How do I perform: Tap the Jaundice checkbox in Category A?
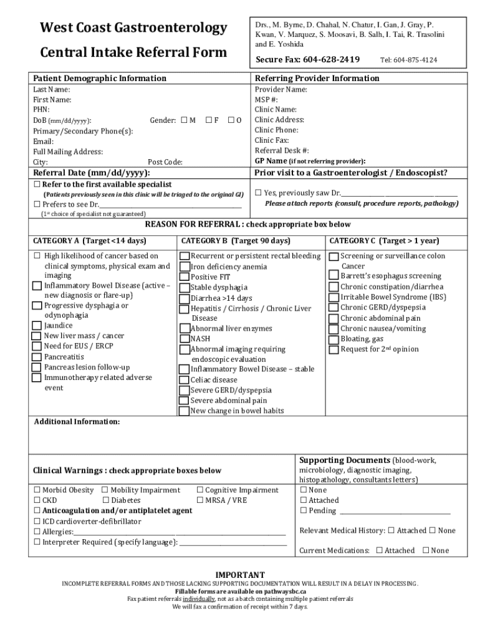click(x=37, y=326)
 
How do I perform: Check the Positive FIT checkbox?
click(x=185, y=277)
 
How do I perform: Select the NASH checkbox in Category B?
click(x=185, y=339)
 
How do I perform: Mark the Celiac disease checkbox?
click(x=185, y=380)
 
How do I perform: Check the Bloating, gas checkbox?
click(x=334, y=339)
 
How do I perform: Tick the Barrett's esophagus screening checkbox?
click(x=334, y=276)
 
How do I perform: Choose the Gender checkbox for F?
click(x=209, y=120)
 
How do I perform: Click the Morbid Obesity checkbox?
click(x=37, y=490)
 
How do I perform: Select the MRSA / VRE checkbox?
click(x=200, y=500)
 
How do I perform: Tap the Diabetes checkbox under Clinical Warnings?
click(x=105, y=500)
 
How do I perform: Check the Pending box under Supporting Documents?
click(x=304, y=510)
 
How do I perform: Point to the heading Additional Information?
click(x=77, y=422)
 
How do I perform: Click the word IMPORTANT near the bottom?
click(x=240, y=575)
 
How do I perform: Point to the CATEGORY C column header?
click(x=384, y=241)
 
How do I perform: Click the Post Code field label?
click(x=165, y=162)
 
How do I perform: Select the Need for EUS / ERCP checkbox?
click(x=37, y=346)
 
